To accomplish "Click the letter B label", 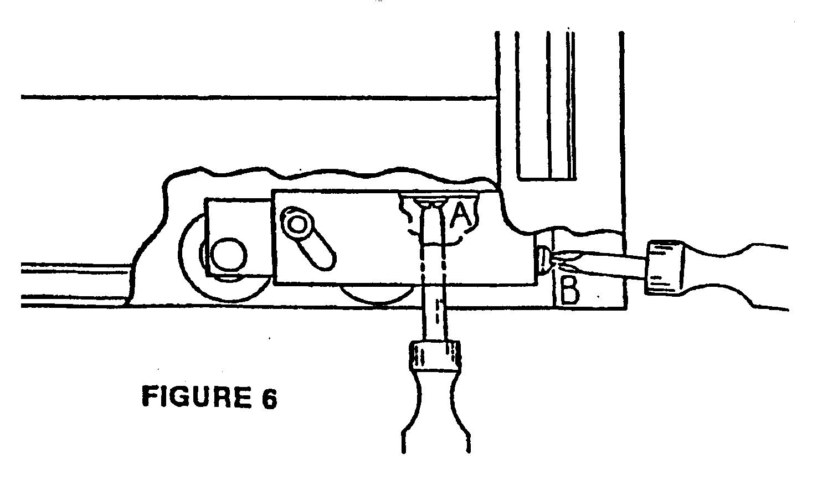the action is pos(569,291).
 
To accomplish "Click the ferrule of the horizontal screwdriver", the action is pos(665,267).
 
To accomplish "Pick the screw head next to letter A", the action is pos(430,203).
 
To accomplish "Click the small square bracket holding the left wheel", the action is pos(238,238).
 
